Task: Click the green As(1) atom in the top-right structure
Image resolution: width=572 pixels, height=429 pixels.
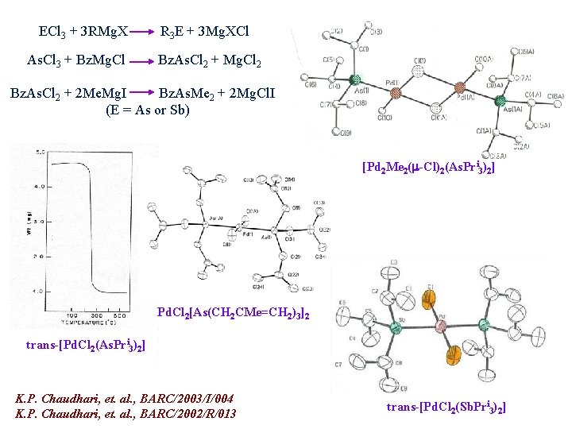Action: tap(355, 79)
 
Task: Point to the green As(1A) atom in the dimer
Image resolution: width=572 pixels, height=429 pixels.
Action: tap(500, 101)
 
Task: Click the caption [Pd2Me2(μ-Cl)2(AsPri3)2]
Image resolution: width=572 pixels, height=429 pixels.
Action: tap(428, 168)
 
